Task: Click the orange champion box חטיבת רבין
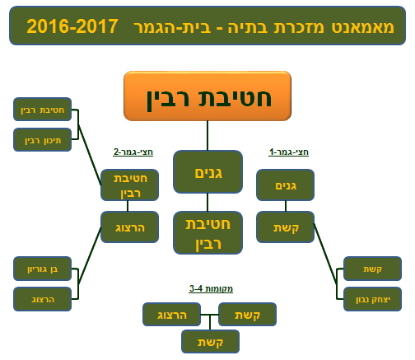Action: [x=207, y=96]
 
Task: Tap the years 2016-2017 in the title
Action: [x=72, y=26]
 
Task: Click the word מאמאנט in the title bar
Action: [x=363, y=27]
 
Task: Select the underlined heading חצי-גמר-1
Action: [x=289, y=152]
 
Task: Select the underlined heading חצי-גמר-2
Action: [x=133, y=152]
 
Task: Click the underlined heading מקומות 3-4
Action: [x=211, y=288]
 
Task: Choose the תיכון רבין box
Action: [x=42, y=140]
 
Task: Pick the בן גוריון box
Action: [x=42, y=269]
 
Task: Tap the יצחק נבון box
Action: [x=372, y=299]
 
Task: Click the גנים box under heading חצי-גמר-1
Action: [x=285, y=185]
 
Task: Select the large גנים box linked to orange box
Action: [x=207, y=172]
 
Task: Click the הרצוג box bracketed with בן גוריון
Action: [x=42, y=299]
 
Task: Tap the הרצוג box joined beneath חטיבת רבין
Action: [x=129, y=227]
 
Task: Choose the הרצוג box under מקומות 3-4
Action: [x=171, y=315]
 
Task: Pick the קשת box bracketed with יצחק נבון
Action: [x=372, y=269]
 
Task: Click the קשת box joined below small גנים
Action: [x=285, y=227]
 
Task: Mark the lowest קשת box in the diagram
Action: [x=210, y=342]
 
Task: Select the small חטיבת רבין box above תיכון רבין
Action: [x=42, y=110]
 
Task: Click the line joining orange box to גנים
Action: [x=207, y=136]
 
